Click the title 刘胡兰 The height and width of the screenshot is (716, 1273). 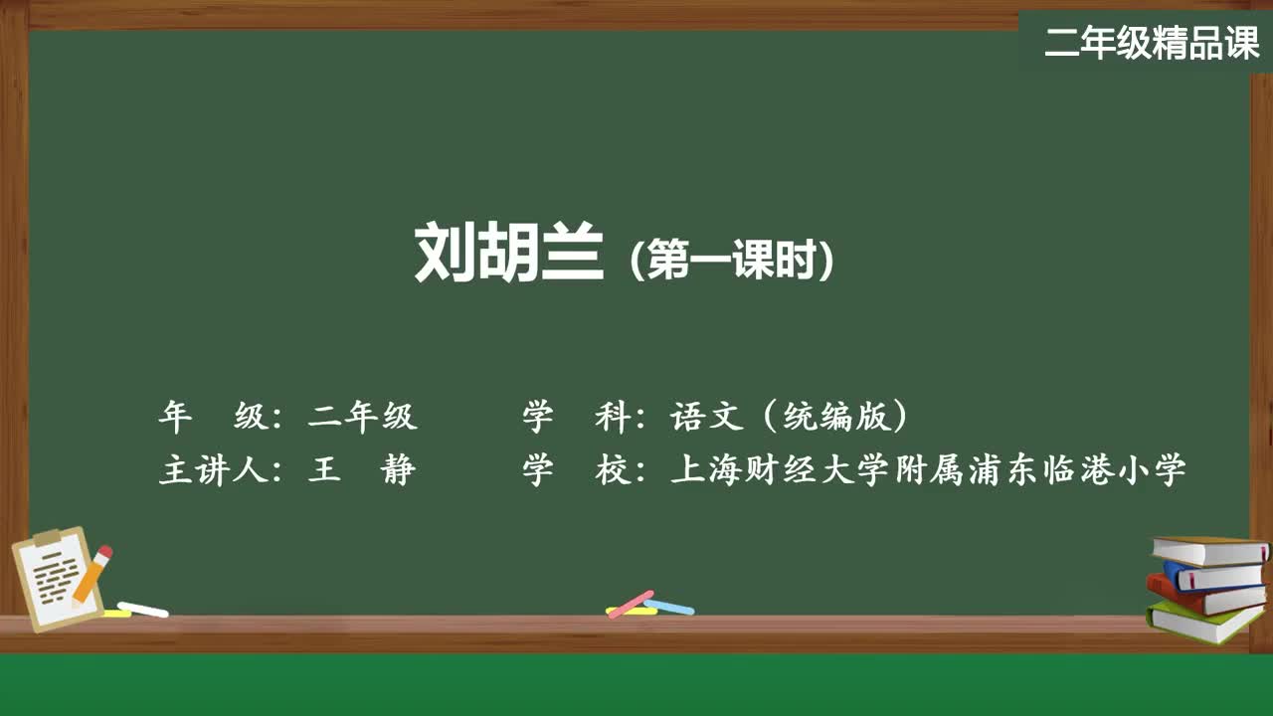508,254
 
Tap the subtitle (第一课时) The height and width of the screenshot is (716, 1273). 732,262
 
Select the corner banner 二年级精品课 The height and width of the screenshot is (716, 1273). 1152,43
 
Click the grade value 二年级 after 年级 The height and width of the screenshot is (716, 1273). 363,417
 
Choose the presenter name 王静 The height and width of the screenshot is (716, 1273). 361,469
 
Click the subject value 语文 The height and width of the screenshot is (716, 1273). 707,417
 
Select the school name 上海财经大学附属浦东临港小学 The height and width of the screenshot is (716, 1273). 929,469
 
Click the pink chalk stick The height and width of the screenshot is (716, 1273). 631,603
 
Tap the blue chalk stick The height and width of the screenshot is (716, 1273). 669,606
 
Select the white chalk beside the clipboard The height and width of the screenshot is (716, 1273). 143,609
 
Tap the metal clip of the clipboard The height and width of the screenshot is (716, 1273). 47,539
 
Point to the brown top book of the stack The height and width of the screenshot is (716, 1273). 1208,550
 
